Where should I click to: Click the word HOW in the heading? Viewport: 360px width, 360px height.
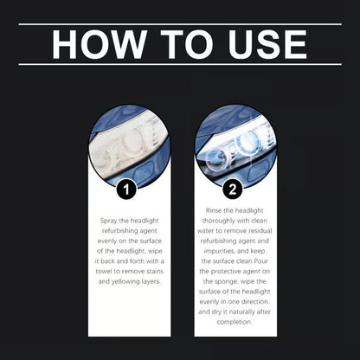pyautogui.click(x=94, y=44)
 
